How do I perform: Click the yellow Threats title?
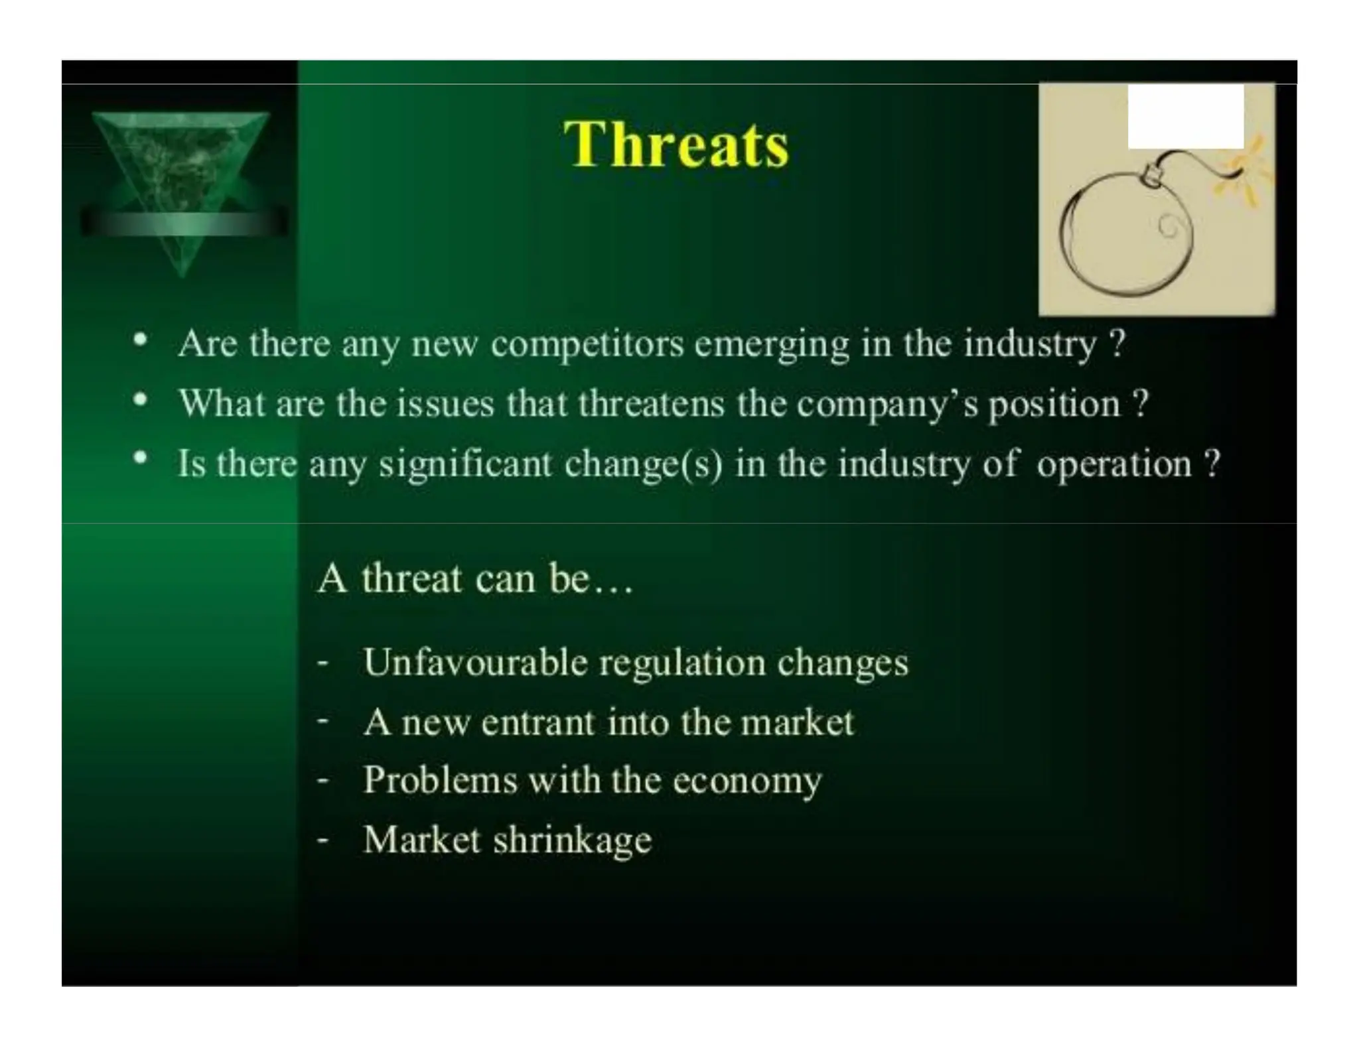(676, 145)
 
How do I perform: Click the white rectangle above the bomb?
(1185, 117)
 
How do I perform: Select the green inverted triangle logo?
(180, 179)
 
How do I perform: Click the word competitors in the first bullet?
(587, 345)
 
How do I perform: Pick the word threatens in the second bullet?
(651, 404)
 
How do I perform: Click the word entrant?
(537, 722)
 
